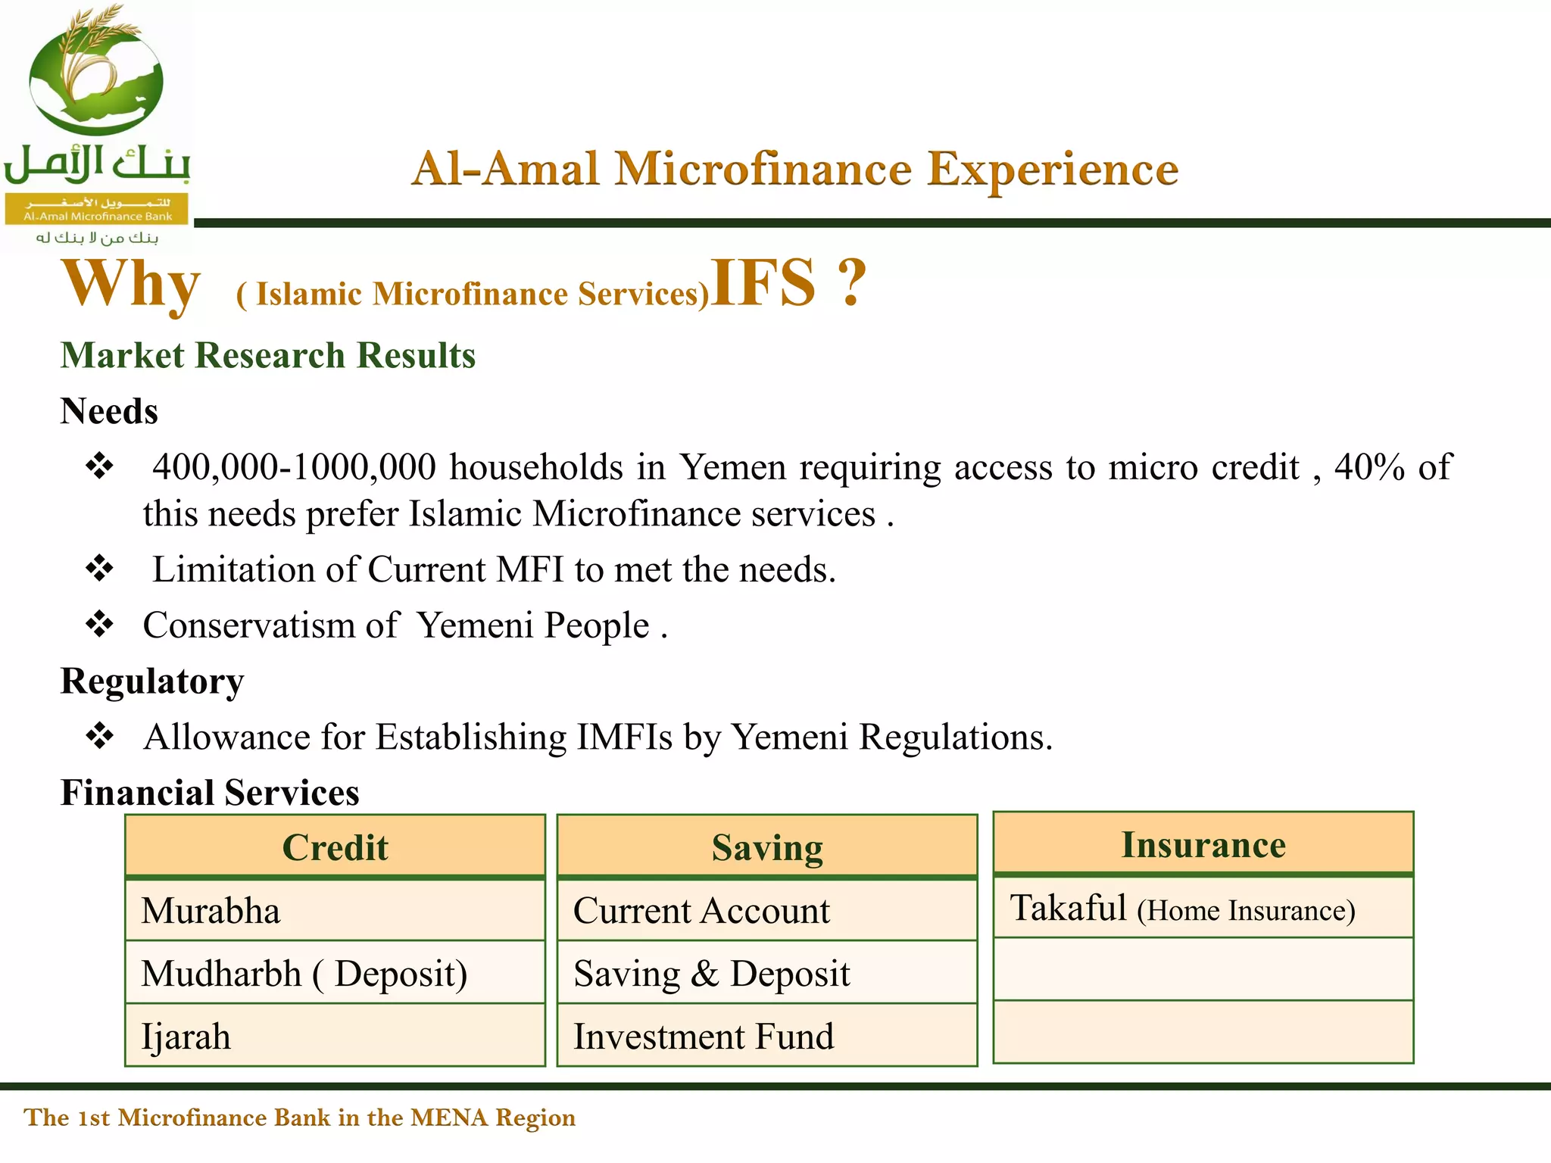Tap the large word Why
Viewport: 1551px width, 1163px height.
tap(131, 285)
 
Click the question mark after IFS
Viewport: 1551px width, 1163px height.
tap(852, 283)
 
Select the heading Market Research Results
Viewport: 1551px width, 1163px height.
tap(268, 355)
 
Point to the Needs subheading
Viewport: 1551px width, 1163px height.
tap(109, 411)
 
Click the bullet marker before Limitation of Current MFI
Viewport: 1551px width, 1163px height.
tap(99, 569)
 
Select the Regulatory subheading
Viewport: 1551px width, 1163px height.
tap(152, 681)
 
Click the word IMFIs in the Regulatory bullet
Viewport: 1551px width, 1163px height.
tap(624, 737)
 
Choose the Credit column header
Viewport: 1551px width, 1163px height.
tap(335, 847)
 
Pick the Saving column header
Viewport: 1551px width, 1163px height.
tap(767, 847)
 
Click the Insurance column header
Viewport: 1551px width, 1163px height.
tap(1203, 844)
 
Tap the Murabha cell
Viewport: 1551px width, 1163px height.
tap(211, 910)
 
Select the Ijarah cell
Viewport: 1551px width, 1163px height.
tap(186, 1036)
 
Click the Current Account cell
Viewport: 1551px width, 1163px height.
tap(701, 910)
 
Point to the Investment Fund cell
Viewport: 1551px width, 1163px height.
tap(704, 1036)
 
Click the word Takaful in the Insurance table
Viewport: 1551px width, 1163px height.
tap(1069, 908)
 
